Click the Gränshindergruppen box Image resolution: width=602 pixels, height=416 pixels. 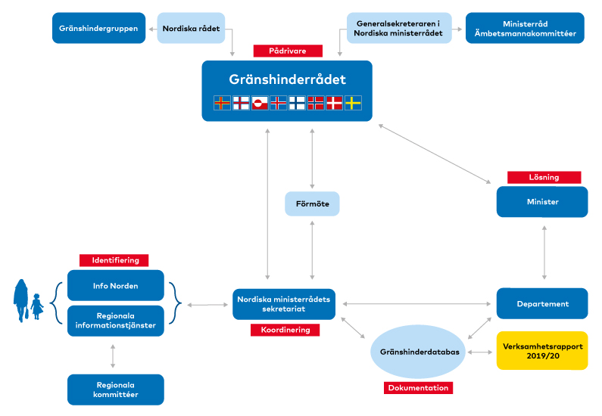coord(98,28)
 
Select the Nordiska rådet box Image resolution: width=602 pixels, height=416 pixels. coord(191,28)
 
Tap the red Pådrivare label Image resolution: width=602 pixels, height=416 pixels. coord(288,51)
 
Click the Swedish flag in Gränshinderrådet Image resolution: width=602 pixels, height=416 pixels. coord(353,103)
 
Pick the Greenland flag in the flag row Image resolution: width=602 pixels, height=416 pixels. coord(260,103)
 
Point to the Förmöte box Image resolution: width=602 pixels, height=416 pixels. coord(312,203)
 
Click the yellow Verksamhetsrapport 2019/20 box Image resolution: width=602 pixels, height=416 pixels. coord(542,351)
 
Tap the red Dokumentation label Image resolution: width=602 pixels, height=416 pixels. coord(418,387)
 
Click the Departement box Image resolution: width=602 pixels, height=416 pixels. coord(542,303)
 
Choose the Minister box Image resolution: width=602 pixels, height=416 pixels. coord(542,202)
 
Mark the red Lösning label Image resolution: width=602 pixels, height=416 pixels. coord(544,178)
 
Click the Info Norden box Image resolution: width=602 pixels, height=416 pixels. coord(116,286)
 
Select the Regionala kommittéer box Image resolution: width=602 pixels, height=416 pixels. coord(116,390)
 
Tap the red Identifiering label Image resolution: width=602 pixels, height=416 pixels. coord(114,260)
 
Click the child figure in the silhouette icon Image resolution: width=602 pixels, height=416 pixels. coord(37,307)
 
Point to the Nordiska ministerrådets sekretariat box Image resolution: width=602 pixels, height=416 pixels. coord(284,304)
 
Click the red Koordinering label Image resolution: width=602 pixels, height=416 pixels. coord(285,330)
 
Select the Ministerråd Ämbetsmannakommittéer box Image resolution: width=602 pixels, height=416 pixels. coord(525,28)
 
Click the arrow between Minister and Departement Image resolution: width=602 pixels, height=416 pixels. coord(544,253)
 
